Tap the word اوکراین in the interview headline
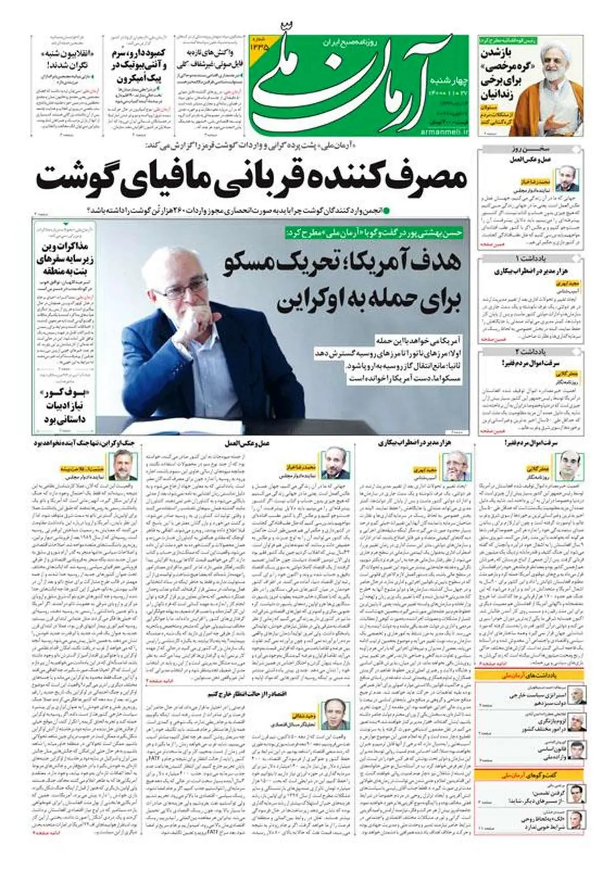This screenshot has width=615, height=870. (307, 301)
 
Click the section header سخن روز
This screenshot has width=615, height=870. (530, 149)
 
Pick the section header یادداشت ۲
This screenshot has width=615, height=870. (530, 352)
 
